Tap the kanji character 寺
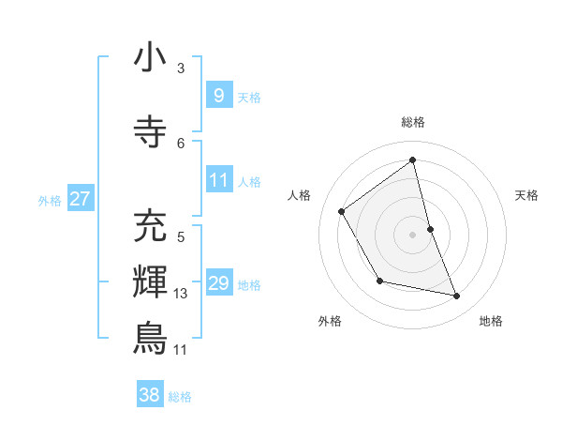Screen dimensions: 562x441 (150, 132)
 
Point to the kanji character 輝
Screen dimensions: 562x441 (150, 281)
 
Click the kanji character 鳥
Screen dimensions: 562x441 (150, 338)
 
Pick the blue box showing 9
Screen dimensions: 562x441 (218, 95)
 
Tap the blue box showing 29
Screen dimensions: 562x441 (218, 283)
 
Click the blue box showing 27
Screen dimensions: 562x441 (80, 198)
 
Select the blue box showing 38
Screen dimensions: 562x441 (150, 395)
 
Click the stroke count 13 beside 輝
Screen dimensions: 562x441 (182, 294)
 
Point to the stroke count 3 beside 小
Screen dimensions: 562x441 (181, 68)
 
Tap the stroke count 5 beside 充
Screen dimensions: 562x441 (181, 236)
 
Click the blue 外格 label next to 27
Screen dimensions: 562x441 (50, 200)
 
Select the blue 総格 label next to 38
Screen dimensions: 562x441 (180, 397)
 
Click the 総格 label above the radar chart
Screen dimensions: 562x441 (413, 122)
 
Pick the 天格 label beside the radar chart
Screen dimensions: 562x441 (527, 195)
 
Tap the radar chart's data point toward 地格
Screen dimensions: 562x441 (457, 297)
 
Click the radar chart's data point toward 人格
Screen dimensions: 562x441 (342, 211)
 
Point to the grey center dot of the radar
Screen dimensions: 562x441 (413, 234)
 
